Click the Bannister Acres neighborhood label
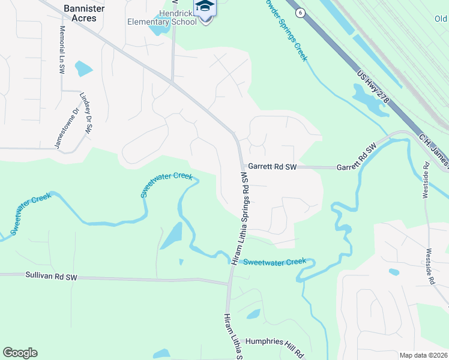(x=80, y=13)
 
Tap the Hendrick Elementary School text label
(x=163, y=17)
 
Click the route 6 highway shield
(x=299, y=12)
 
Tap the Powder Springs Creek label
(x=285, y=30)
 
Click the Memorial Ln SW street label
(x=62, y=50)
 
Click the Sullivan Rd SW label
(x=52, y=277)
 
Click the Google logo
(x=20, y=353)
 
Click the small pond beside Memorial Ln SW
(x=84, y=68)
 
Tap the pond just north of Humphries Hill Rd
(x=253, y=314)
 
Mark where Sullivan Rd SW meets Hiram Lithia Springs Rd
(x=229, y=282)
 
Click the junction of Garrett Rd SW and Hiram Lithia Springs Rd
(x=241, y=167)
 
